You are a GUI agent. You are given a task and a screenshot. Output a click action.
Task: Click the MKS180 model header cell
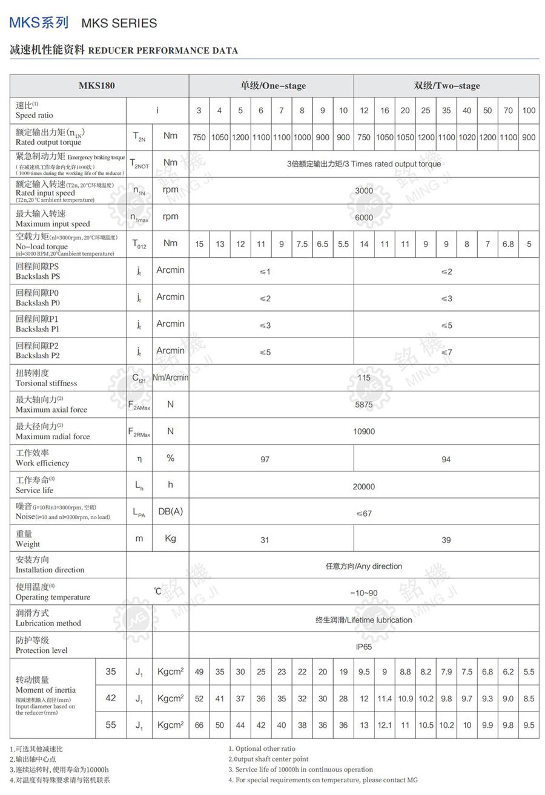(97, 85)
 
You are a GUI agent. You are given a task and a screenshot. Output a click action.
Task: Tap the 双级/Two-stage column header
(446, 85)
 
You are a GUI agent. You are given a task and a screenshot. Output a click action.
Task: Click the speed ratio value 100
(529, 111)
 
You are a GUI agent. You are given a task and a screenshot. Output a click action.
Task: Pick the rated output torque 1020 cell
(467, 137)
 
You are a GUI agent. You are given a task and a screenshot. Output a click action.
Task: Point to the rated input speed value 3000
(364, 191)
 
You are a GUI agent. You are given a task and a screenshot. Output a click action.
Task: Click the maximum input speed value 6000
(364, 217)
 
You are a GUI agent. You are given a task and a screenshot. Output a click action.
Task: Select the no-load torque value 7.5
(302, 244)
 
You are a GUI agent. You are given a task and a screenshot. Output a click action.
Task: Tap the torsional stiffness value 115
(364, 378)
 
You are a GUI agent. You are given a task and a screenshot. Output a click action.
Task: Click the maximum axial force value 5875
(364, 405)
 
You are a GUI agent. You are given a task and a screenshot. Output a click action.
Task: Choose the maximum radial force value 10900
(364, 431)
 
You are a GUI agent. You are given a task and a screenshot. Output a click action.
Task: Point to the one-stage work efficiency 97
(265, 460)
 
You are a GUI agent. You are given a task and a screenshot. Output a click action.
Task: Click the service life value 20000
(364, 486)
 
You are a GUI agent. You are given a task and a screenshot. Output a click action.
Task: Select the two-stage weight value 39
(446, 540)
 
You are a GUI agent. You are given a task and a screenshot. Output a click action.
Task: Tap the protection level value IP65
(364, 646)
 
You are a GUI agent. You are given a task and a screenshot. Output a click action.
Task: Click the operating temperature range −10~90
(364, 593)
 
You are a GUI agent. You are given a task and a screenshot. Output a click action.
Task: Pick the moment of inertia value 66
(199, 725)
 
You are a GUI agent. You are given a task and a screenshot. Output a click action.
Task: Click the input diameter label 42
(111, 698)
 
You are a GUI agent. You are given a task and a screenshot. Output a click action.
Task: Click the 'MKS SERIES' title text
(119, 23)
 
